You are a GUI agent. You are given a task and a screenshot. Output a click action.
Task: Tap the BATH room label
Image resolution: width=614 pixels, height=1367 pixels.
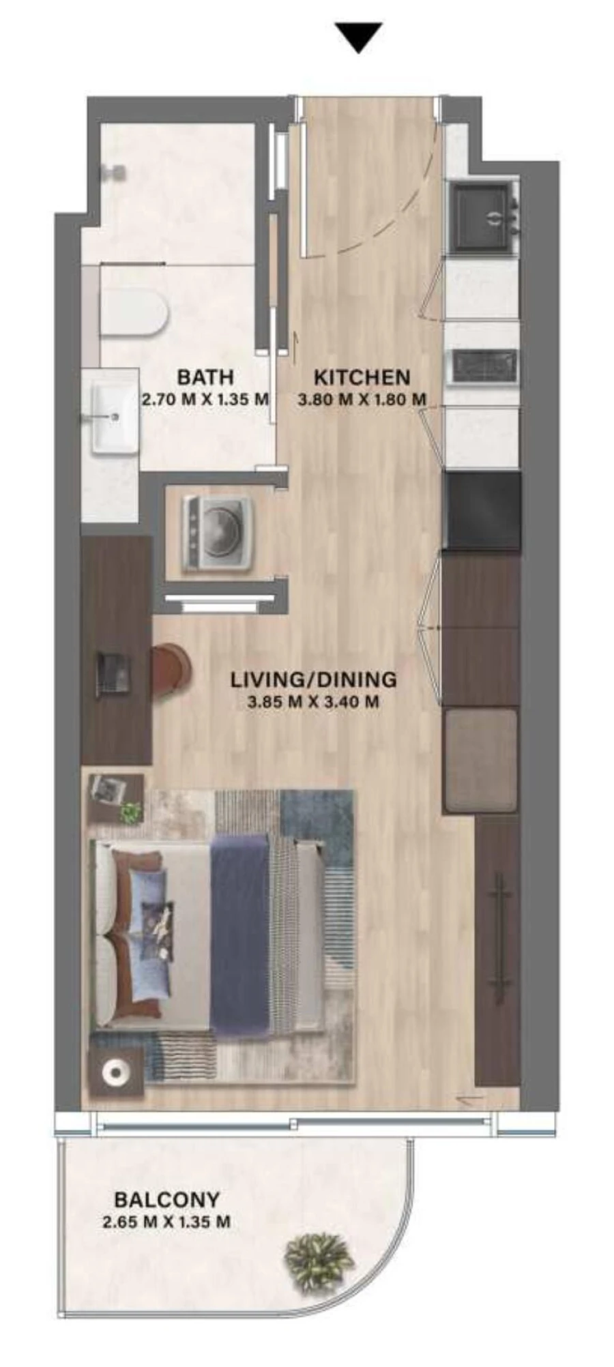[x=205, y=377]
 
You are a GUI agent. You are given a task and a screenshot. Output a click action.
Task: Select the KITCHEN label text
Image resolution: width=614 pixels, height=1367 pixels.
[x=362, y=377]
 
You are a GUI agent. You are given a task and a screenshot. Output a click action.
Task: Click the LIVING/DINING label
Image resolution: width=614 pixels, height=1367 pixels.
[x=313, y=679]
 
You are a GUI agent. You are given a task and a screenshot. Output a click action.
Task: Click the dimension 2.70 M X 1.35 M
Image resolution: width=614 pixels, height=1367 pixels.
[x=205, y=399]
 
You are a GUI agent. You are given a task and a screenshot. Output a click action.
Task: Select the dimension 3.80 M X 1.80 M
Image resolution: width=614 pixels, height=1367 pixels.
[x=362, y=399]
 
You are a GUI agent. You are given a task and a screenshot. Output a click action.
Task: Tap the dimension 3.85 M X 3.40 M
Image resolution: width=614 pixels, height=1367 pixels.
[x=313, y=701]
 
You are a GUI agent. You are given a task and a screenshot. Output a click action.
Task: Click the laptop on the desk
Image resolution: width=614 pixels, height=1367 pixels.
[x=113, y=675]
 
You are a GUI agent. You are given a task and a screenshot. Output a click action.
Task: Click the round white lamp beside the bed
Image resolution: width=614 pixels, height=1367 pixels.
[x=116, y=1073]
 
